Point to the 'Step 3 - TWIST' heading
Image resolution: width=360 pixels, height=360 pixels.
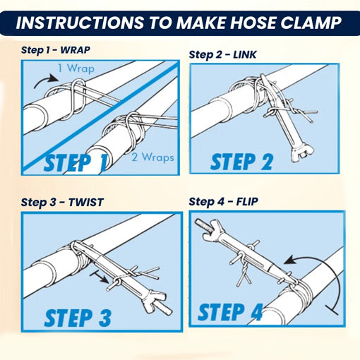click(x=62, y=202)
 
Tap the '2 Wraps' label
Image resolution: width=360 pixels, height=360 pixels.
click(x=152, y=157)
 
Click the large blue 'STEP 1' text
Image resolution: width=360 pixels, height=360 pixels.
click(x=76, y=162)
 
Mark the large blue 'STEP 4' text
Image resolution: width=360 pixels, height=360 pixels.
click(x=231, y=311)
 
